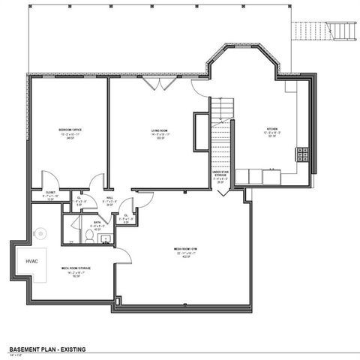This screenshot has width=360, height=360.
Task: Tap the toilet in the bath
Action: coord(88,236)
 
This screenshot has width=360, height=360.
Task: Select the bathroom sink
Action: coord(105,239)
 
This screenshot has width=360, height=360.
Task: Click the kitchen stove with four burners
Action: coord(302,154)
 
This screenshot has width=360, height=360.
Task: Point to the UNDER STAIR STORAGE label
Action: coord(220,175)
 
